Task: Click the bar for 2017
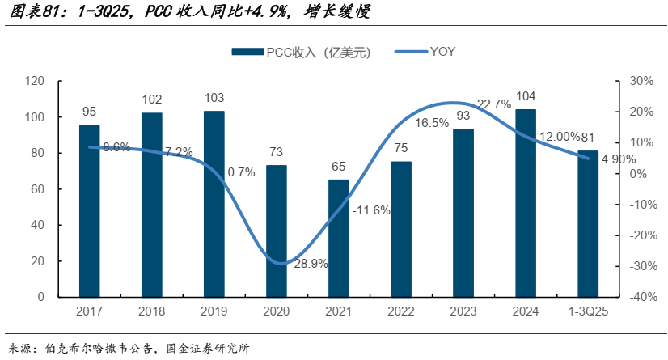click(x=89, y=211)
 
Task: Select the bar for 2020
click(x=277, y=231)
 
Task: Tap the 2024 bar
click(x=526, y=203)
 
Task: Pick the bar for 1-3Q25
click(x=588, y=224)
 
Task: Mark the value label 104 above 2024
click(x=526, y=95)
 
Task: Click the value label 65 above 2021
click(x=339, y=166)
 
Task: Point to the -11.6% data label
click(x=371, y=210)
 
